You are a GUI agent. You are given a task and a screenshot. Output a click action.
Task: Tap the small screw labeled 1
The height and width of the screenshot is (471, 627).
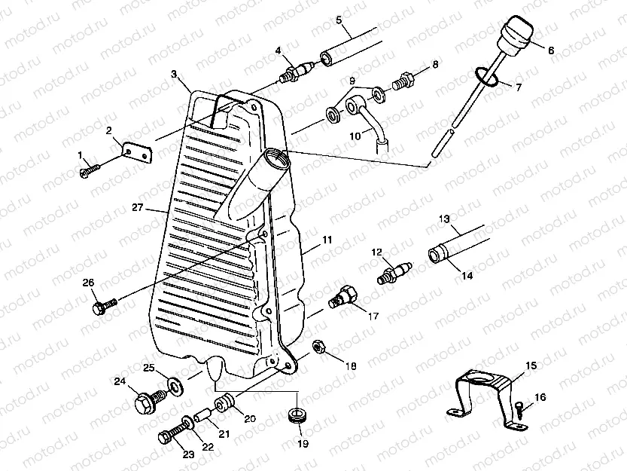pos(89,171)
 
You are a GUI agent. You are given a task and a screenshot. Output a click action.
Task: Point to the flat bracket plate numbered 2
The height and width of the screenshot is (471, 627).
pos(137,153)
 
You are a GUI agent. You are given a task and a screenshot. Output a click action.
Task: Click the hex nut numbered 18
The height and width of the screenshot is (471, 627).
pos(318,347)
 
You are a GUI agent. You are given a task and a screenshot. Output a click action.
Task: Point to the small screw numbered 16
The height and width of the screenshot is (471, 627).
pos(521,408)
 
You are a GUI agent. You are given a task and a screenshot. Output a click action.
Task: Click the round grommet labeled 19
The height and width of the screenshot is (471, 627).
pos(298,415)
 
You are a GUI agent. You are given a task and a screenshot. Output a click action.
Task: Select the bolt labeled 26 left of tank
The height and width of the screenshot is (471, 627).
pos(103,306)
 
